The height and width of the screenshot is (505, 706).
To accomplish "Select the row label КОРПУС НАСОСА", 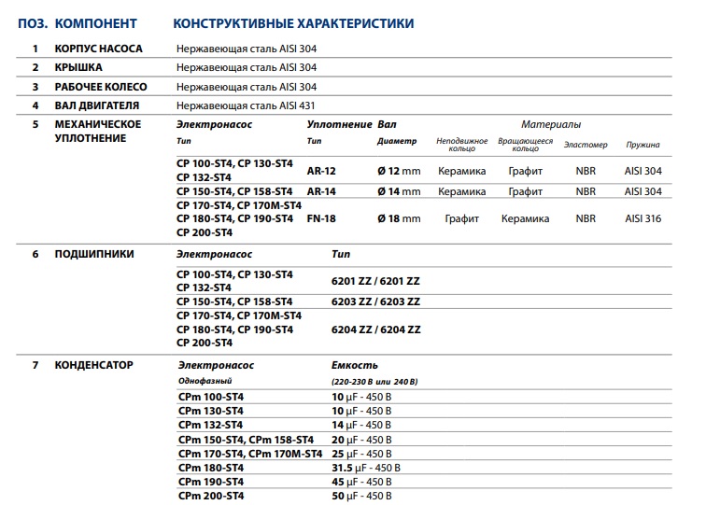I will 97,48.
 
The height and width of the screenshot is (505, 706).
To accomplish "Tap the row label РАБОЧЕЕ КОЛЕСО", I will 101,87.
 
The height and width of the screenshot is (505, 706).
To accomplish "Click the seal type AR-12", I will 320,171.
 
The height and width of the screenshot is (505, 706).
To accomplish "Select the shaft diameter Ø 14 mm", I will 399,191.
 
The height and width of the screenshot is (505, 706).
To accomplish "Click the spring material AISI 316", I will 642,219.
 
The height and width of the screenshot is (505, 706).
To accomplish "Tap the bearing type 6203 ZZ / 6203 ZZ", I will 376,302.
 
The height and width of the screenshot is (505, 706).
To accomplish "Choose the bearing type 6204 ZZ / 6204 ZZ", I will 376,330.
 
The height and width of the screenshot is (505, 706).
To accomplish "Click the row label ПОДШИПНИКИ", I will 94,253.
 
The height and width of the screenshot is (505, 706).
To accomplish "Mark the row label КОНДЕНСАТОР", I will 94,365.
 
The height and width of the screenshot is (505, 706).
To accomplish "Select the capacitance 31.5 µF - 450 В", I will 366,468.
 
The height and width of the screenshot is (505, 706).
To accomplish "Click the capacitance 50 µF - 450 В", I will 361,496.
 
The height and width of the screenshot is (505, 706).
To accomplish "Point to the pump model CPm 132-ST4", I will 210,425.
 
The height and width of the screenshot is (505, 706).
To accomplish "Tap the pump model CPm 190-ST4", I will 210,482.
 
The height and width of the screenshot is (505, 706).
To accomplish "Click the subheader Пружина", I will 642,145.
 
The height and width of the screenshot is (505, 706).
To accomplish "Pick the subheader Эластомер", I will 586,145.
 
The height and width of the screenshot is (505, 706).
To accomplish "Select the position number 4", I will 35,105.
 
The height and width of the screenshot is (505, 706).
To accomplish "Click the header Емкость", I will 355,365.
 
